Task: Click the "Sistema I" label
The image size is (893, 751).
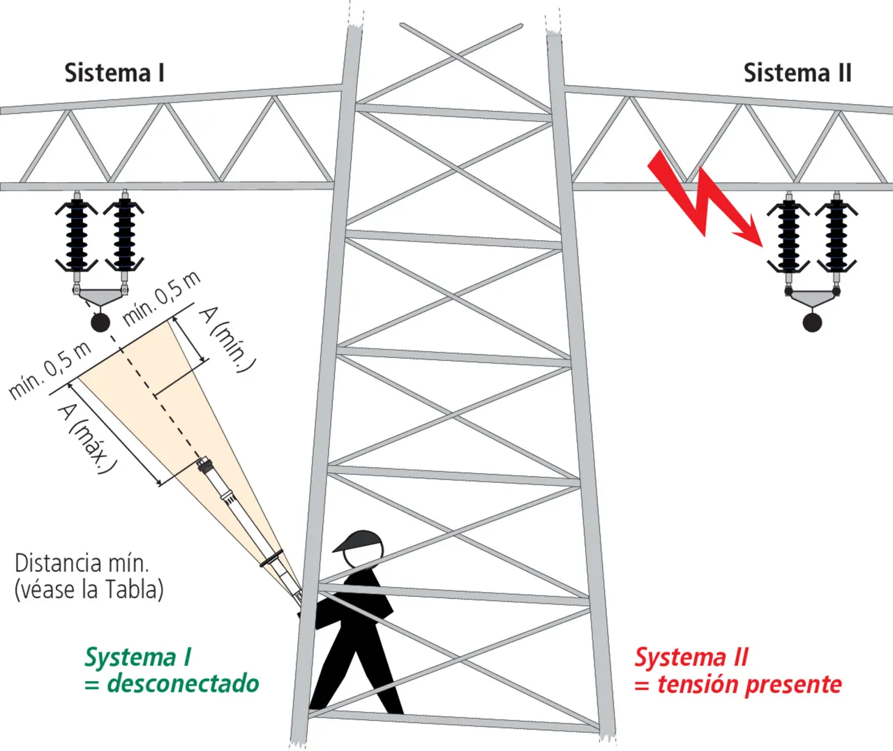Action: pos(114,73)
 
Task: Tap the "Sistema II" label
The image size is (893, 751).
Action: pos(797,73)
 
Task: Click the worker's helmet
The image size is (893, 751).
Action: pos(360,541)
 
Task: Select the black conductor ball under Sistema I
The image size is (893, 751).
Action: pos(101,322)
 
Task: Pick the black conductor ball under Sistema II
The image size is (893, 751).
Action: pos(812,322)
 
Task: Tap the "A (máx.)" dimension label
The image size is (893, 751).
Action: pos(86,438)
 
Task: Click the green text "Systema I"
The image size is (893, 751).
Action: pos(137,657)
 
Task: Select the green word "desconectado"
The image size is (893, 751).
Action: pos(183,683)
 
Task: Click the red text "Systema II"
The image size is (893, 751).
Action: pos(691,657)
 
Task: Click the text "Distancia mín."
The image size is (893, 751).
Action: pos(82,563)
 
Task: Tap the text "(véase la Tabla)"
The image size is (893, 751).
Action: pos(89,590)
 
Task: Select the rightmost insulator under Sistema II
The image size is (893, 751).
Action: pos(836,236)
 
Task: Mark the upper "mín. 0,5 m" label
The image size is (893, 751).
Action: pos(162,298)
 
